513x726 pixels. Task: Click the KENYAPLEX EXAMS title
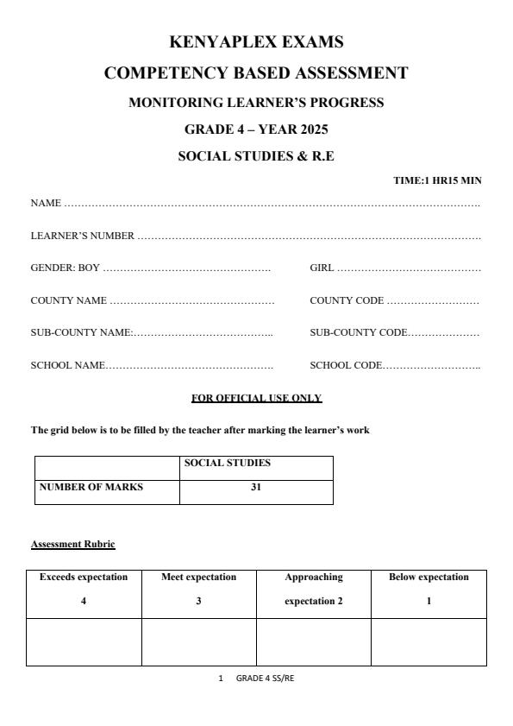(256, 42)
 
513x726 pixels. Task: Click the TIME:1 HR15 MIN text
(437, 180)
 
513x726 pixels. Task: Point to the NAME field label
(46, 204)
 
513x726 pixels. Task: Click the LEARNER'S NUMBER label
(82, 236)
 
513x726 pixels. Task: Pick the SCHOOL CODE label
(345, 365)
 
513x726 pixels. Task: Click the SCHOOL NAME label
(68, 365)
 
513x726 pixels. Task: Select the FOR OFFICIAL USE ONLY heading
(256, 398)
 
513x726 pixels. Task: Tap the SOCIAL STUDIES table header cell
(227, 464)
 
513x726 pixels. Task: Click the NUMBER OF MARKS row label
(91, 487)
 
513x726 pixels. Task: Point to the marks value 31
(256, 487)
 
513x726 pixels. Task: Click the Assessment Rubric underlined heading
(72, 544)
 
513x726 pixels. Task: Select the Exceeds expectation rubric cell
(84, 589)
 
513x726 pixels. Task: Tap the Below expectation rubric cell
(429, 589)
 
